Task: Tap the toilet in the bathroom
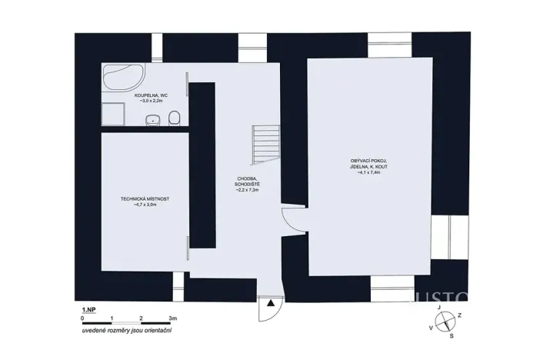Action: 175,117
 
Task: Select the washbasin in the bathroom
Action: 153,119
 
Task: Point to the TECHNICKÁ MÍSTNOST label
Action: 145,199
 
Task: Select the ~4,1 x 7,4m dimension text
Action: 368,173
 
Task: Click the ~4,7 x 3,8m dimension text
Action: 145,205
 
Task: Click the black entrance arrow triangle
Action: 271,304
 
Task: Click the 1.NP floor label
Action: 89,309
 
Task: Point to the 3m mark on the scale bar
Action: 173,317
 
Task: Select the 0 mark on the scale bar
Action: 82,317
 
